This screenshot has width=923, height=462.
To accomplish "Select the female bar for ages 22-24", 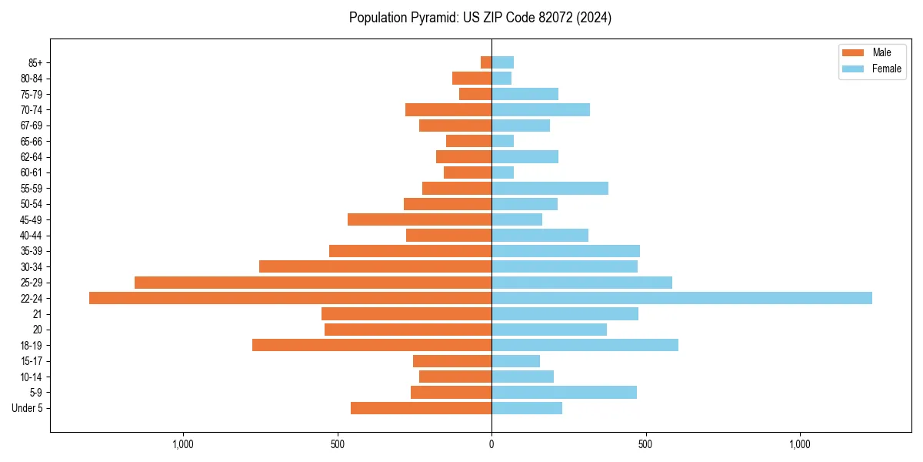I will point(681,298).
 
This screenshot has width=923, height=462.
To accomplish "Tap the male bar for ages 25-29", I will point(313,283).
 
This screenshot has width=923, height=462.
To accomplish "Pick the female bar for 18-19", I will point(585,345).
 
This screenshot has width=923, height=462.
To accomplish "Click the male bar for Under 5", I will point(421,408).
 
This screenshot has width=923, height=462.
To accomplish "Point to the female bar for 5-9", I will point(564,392).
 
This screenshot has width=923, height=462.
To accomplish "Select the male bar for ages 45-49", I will point(419,219).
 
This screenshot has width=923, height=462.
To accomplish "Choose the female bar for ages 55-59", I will point(550,188).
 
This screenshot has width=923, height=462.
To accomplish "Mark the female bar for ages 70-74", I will point(541,109).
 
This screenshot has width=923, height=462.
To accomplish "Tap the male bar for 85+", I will point(486,62).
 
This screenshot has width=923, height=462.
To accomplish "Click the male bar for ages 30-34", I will point(375,266).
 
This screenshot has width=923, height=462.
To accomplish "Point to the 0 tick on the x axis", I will point(491,444).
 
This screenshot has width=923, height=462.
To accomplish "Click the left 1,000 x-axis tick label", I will point(183,444).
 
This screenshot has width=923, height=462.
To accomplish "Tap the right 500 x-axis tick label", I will point(645,444).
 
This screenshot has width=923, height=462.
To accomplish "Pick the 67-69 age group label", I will point(32,126).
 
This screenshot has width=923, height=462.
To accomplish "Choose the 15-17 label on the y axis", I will point(32,361).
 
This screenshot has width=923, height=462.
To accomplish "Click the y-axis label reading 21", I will point(38,314).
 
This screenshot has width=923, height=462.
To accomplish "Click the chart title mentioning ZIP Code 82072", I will point(480,18).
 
